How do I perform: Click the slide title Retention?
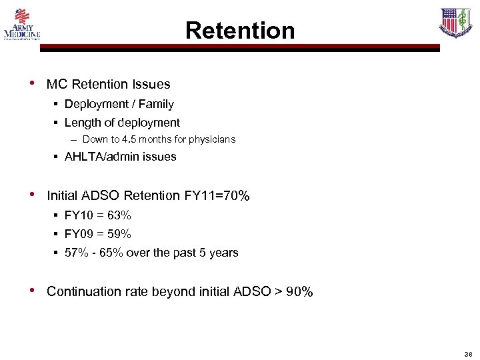click(x=239, y=30)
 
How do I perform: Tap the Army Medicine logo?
click(x=22, y=24)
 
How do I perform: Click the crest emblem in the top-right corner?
click(x=456, y=23)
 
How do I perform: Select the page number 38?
click(x=467, y=354)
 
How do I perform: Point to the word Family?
click(x=157, y=104)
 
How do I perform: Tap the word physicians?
click(x=211, y=140)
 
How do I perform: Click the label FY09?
click(x=79, y=234)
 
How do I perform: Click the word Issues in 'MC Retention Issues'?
click(x=151, y=85)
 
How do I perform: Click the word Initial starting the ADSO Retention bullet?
click(x=63, y=196)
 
